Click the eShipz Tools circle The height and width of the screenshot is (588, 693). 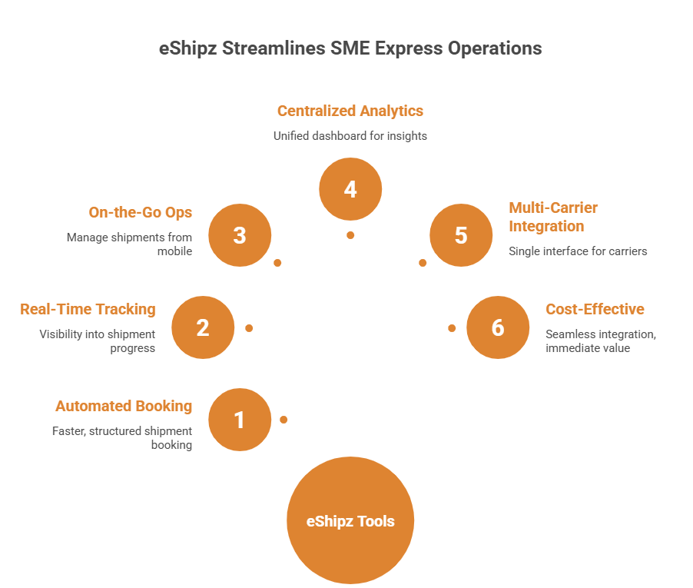(350, 521)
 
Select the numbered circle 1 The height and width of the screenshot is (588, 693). (240, 420)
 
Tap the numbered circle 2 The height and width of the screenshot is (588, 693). (203, 328)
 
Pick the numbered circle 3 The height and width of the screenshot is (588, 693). (240, 235)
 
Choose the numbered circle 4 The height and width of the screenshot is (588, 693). (350, 189)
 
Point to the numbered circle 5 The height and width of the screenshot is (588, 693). (461, 235)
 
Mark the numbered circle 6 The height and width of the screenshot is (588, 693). (498, 328)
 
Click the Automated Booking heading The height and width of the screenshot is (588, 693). (124, 406)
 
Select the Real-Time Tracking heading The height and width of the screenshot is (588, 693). (88, 309)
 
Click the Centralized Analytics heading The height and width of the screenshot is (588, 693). (350, 111)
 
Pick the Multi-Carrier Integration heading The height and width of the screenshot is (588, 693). (553, 217)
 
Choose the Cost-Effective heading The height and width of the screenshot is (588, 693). (595, 309)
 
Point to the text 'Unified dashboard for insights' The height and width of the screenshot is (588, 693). (350, 135)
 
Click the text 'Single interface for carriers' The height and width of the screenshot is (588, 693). (578, 251)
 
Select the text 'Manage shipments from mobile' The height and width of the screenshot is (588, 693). (129, 244)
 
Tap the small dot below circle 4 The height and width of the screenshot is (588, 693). (350, 234)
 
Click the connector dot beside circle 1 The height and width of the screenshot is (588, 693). (283, 420)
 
